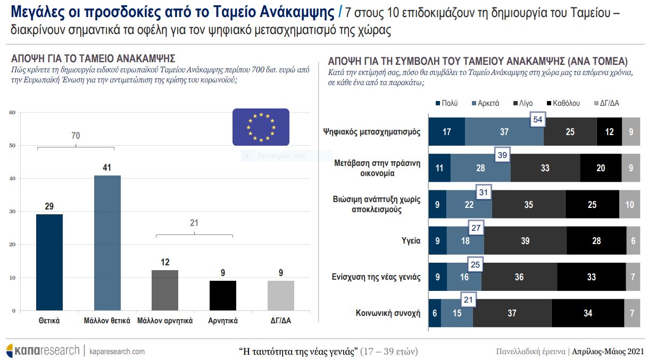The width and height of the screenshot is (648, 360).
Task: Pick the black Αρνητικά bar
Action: point(223,296)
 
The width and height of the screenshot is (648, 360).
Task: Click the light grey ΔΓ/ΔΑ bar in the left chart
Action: point(280,296)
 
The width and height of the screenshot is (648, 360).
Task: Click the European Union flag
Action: point(261,127)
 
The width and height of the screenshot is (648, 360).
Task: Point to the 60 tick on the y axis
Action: point(13,112)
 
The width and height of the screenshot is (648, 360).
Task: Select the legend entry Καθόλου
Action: point(563,103)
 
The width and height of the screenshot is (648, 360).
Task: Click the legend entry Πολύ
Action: point(446,103)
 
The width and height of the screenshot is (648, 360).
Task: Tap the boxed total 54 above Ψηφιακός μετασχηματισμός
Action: point(537,120)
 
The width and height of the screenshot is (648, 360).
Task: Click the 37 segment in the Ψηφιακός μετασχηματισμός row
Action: point(504,132)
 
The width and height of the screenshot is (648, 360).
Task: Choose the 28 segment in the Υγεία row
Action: point(596,240)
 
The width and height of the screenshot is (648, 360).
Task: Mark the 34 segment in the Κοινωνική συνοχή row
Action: point(587,313)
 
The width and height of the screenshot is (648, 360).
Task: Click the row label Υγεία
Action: point(411,240)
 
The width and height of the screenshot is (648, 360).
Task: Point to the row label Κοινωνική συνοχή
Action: point(388,313)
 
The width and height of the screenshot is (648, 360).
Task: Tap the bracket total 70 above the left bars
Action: point(76,136)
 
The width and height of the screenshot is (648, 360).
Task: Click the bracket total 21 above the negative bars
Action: point(194,223)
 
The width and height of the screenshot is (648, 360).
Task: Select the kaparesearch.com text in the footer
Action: point(117,351)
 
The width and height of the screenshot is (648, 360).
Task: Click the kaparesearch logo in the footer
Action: point(43,351)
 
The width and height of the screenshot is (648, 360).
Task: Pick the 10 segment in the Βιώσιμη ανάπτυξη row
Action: point(629,204)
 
